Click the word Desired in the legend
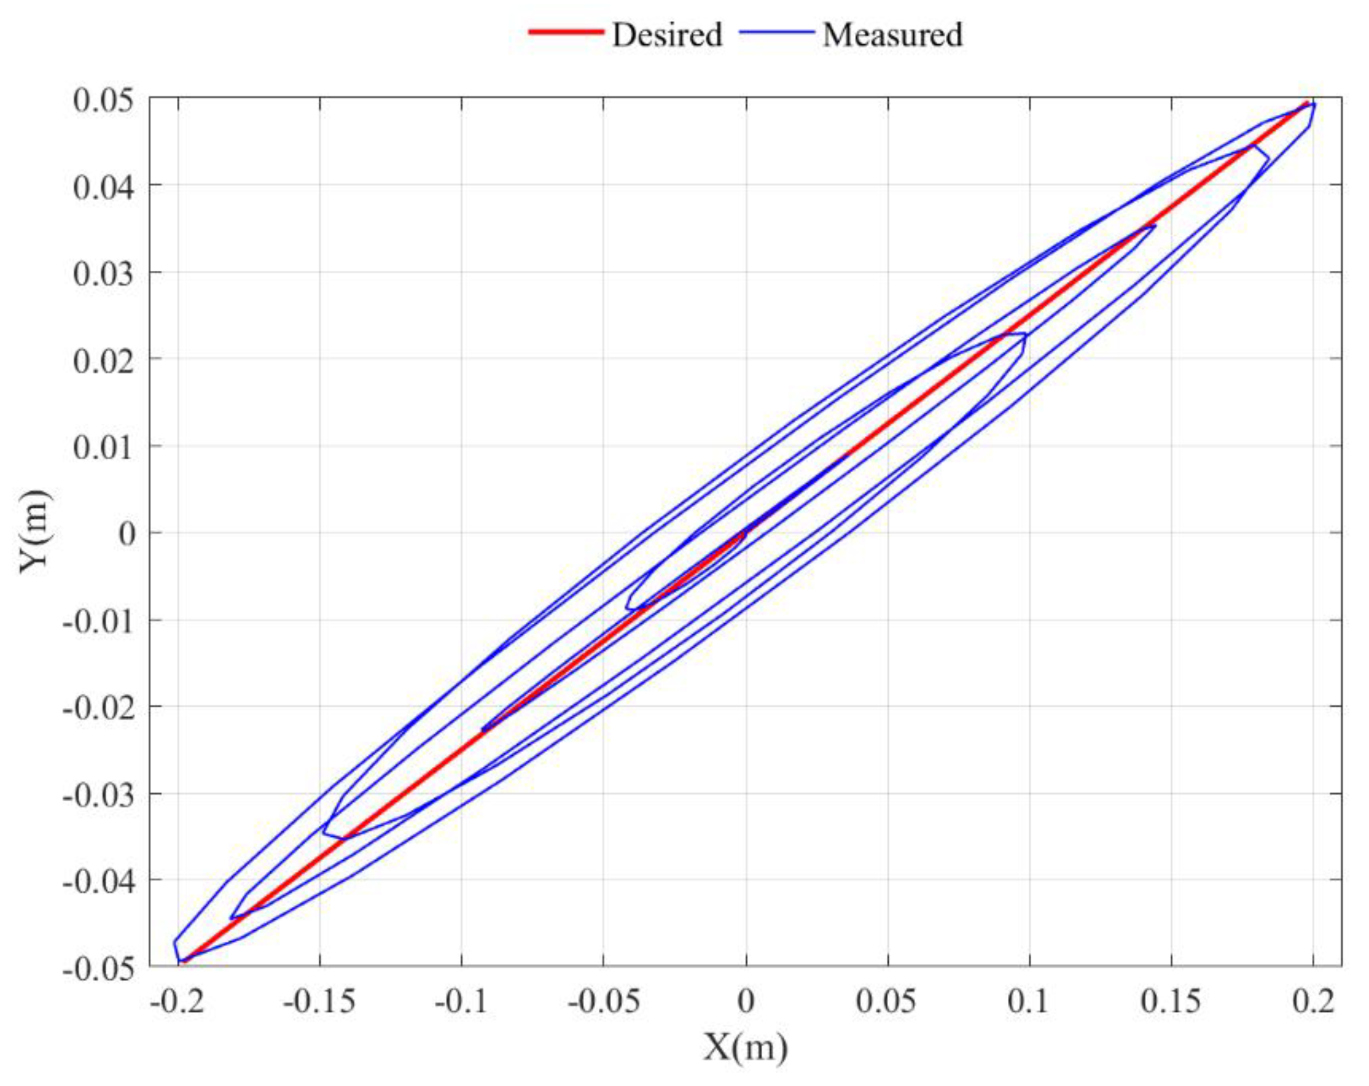667,34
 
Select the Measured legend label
892,34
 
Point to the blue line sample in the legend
777,32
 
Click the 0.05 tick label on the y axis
103,100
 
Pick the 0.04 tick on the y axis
103,187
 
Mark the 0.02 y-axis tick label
103,361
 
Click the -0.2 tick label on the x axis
178,1001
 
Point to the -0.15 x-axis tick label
319,1001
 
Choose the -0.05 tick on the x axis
603,1001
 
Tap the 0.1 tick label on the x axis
1029,1001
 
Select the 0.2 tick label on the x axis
1313,1001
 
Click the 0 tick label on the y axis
127,534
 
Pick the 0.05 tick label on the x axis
887,1001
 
